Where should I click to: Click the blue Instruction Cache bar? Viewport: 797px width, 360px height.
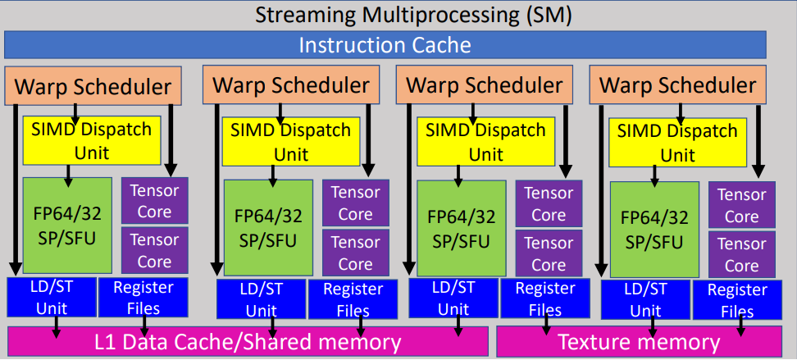[x=385, y=45]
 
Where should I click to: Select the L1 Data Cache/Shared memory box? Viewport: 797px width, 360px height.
[x=248, y=342]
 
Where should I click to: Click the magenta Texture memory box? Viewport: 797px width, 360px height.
[x=639, y=342]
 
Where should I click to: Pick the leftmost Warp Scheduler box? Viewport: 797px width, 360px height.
[x=93, y=86]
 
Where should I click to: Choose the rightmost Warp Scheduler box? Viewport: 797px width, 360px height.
[x=677, y=85]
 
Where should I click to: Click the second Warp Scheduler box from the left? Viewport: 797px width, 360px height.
[x=290, y=85]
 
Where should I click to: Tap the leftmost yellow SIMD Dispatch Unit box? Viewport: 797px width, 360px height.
[x=91, y=139]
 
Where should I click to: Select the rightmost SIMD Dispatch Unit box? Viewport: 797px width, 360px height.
[x=676, y=142]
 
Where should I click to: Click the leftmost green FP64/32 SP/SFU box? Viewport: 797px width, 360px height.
[x=67, y=226]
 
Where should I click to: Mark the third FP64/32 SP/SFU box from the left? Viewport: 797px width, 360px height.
[x=461, y=228]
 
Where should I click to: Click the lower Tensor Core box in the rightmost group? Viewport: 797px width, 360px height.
[x=741, y=254]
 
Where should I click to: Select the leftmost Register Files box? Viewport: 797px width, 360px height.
[x=143, y=298]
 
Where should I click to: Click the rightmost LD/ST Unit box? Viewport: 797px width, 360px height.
[x=641, y=299]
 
